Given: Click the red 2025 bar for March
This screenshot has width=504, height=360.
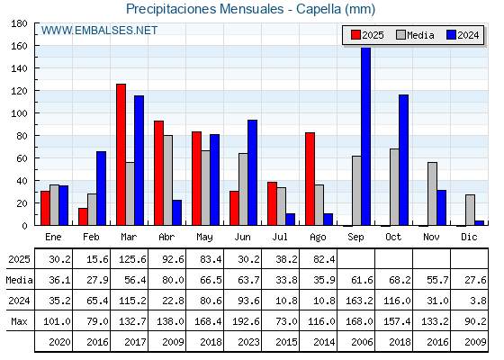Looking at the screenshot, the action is (121, 155).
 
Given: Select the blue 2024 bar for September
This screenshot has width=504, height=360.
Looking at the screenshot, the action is (365, 136).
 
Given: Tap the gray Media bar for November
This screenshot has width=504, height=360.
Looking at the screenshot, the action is (432, 193).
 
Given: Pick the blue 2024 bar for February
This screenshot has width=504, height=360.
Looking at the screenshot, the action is (101, 188).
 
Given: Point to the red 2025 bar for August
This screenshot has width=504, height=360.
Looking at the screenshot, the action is (310, 179).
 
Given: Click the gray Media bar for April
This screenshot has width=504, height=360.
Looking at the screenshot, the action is (167, 180).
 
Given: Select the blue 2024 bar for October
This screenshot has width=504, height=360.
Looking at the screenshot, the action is (404, 160).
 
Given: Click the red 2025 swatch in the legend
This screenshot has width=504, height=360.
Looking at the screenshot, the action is (355, 35).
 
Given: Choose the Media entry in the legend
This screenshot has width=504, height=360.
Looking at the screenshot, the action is (415, 35).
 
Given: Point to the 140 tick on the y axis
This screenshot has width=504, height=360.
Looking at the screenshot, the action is (19, 68).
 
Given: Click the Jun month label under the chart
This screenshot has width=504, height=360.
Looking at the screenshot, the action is (242, 238).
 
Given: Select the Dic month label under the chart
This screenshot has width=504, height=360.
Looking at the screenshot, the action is (469, 237).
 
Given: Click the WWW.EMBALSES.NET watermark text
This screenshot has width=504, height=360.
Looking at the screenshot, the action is (99, 31).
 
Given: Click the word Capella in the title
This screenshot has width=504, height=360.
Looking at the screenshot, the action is (319, 9).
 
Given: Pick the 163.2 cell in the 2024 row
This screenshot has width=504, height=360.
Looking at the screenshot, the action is (359, 301).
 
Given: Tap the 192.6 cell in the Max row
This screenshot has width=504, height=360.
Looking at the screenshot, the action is (246, 321).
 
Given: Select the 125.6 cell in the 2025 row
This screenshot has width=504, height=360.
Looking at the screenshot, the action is (132, 259).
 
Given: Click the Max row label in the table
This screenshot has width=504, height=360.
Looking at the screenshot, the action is (19, 321).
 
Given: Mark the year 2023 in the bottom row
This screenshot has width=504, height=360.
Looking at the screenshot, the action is (248, 342).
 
